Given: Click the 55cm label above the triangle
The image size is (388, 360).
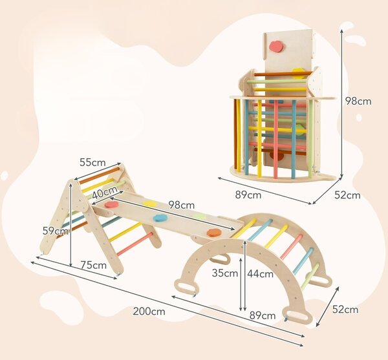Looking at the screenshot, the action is click(92, 162).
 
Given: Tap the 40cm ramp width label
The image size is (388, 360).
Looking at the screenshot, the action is click(105, 192).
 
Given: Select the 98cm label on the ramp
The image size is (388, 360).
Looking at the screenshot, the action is click(181, 205).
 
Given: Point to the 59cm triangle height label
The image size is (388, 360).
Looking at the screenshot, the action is click(55, 231).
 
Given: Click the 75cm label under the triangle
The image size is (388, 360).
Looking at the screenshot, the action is click(94, 265).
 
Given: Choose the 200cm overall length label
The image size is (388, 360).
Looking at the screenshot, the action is click(149, 312).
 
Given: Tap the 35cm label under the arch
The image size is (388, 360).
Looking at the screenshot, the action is click(225, 273).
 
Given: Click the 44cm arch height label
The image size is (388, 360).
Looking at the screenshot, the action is click(261, 273).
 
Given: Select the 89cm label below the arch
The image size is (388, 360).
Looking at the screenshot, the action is click(263, 315).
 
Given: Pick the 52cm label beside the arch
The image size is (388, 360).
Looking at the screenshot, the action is click(345, 310).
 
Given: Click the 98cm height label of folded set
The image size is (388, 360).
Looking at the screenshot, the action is click(358, 101).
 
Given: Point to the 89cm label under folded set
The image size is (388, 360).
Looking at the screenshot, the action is click(248, 195).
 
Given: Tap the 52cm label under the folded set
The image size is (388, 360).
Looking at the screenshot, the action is click(347, 195).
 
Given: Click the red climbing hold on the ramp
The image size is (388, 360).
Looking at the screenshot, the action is click(111, 204).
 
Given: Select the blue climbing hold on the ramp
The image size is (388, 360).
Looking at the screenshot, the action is click(160, 218).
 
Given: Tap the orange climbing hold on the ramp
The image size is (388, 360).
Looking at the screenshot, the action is click(214, 233).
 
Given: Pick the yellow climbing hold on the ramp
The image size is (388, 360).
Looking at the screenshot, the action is click(150, 204).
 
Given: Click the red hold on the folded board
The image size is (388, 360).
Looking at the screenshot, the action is click(276, 47).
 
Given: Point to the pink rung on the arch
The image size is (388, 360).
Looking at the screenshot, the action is click(292, 247).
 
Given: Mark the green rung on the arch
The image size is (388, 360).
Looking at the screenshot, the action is click(310, 277).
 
